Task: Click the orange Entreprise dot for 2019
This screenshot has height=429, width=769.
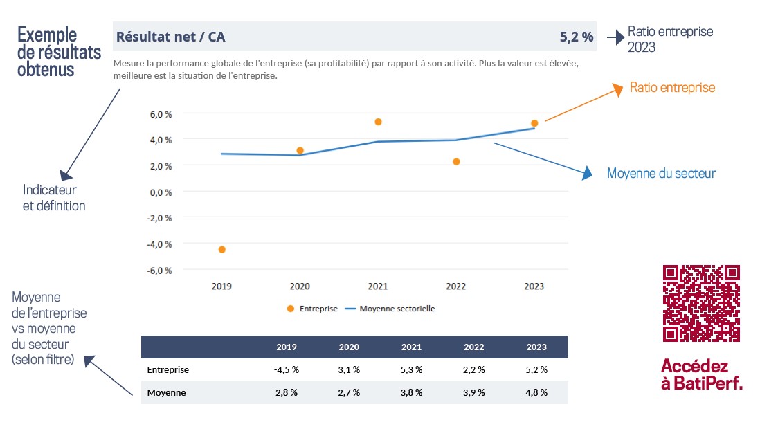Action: tap(222, 250)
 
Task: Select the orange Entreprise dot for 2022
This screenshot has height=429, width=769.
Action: tap(456, 162)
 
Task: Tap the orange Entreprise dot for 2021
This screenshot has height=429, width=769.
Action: tap(378, 122)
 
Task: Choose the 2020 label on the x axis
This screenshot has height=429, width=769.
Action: tap(300, 286)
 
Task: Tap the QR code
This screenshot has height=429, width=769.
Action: tap(702, 303)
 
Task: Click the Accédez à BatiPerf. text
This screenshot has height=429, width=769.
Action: tap(702, 374)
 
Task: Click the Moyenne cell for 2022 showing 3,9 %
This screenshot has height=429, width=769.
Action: tap(474, 393)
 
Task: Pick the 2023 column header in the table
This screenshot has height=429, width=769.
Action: tap(536, 347)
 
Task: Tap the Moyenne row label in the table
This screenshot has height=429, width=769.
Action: tap(167, 393)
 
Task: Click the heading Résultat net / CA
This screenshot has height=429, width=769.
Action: tap(171, 37)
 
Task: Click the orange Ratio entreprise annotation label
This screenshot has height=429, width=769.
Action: tap(672, 88)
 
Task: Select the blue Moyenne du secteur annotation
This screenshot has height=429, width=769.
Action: tap(661, 173)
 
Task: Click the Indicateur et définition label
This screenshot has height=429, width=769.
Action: tap(54, 197)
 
